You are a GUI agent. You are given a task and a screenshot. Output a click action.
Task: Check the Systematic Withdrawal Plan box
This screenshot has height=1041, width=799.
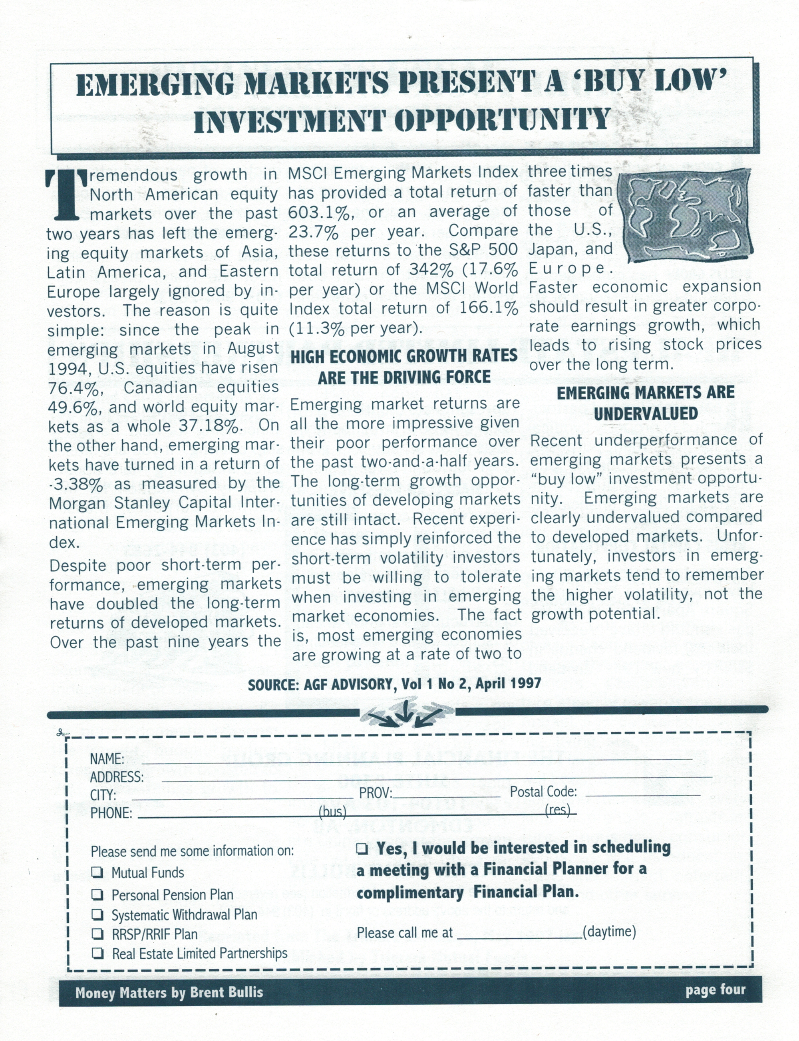pyautogui.click(x=97, y=914)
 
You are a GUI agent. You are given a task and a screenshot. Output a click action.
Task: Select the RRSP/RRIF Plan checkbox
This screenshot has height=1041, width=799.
pyautogui.click(x=97, y=934)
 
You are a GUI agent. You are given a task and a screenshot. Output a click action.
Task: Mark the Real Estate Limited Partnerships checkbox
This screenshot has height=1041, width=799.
pyautogui.click(x=97, y=953)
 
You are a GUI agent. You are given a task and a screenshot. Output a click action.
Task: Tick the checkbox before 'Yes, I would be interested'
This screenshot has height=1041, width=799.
pyautogui.click(x=362, y=848)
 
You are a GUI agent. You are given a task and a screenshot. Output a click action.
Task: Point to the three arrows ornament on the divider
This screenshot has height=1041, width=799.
pyautogui.click(x=405, y=712)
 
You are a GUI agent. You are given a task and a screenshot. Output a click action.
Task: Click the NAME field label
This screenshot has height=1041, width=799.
pyautogui.click(x=107, y=759)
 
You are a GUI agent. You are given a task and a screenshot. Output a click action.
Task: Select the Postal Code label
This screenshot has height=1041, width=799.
pyautogui.click(x=543, y=792)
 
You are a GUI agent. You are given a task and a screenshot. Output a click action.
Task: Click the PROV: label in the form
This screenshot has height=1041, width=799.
pyautogui.click(x=375, y=793)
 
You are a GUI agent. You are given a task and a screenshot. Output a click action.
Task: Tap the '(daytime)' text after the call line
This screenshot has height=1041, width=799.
pyautogui.click(x=610, y=931)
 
